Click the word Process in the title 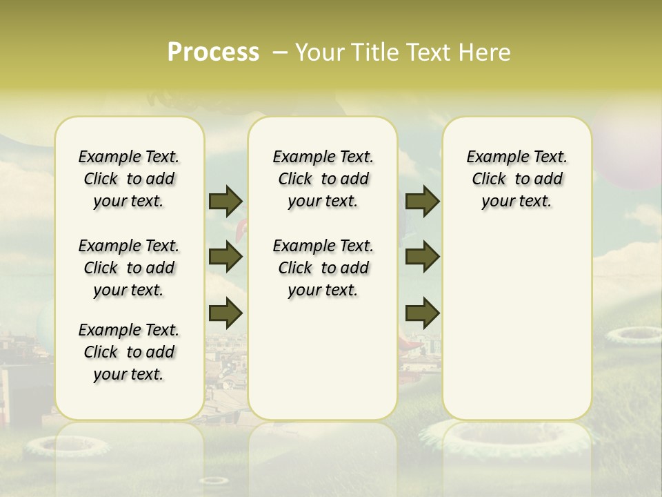pos(213,52)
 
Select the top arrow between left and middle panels pos(225,202)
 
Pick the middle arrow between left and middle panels pos(225,257)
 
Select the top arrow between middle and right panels pos(422,202)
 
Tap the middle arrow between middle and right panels pos(422,257)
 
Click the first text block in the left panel pos(129,179)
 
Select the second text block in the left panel pos(129,268)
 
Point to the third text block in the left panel pos(129,352)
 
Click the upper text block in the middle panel pos(323,179)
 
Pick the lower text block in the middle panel pos(323,268)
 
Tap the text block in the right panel pos(516,179)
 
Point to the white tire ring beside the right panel pos(633,335)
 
